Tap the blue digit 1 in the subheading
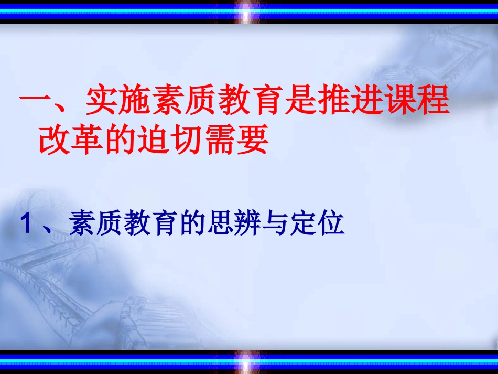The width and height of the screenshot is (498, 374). coord(26,225)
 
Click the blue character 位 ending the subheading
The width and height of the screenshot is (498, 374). coord(332,224)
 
